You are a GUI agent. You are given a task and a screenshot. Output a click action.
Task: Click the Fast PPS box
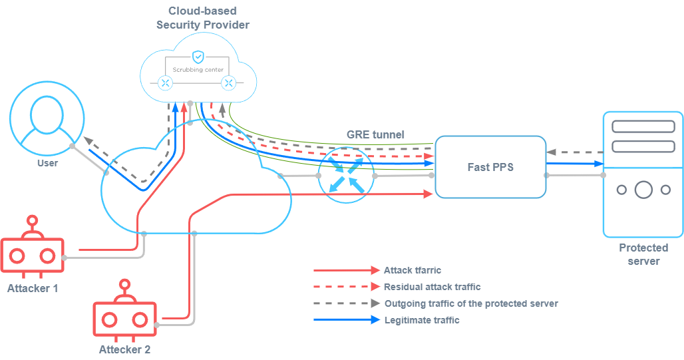click(x=490, y=167)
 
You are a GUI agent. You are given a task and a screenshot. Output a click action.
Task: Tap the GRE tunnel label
click(x=375, y=134)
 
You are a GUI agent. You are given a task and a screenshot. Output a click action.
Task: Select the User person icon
click(x=47, y=120)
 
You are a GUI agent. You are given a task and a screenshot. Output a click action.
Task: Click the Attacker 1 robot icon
click(x=31, y=251)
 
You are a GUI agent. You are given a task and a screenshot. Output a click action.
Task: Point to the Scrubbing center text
click(x=197, y=69)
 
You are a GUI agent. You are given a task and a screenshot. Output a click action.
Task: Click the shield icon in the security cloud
click(x=197, y=57)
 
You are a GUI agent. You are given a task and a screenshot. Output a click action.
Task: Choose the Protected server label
click(x=643, y=254)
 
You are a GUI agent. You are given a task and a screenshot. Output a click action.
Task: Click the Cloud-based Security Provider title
click(x=203, y=18)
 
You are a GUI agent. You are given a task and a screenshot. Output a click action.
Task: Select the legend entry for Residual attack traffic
click(x=432, y=287)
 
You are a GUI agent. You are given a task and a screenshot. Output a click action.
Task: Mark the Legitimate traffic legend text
click(x=422, y=320)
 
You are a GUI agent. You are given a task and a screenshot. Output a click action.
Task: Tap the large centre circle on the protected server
click(x=643, y=190)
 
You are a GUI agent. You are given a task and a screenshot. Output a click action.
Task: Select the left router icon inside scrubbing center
click(x=165, y=83)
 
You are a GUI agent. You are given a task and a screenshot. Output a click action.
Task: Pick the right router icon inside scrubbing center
click(x=229, y=83)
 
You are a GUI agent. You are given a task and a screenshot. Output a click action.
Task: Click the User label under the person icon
click(x=47, y=163)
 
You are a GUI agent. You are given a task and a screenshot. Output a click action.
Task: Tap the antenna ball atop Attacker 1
click(x=31, y=220)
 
